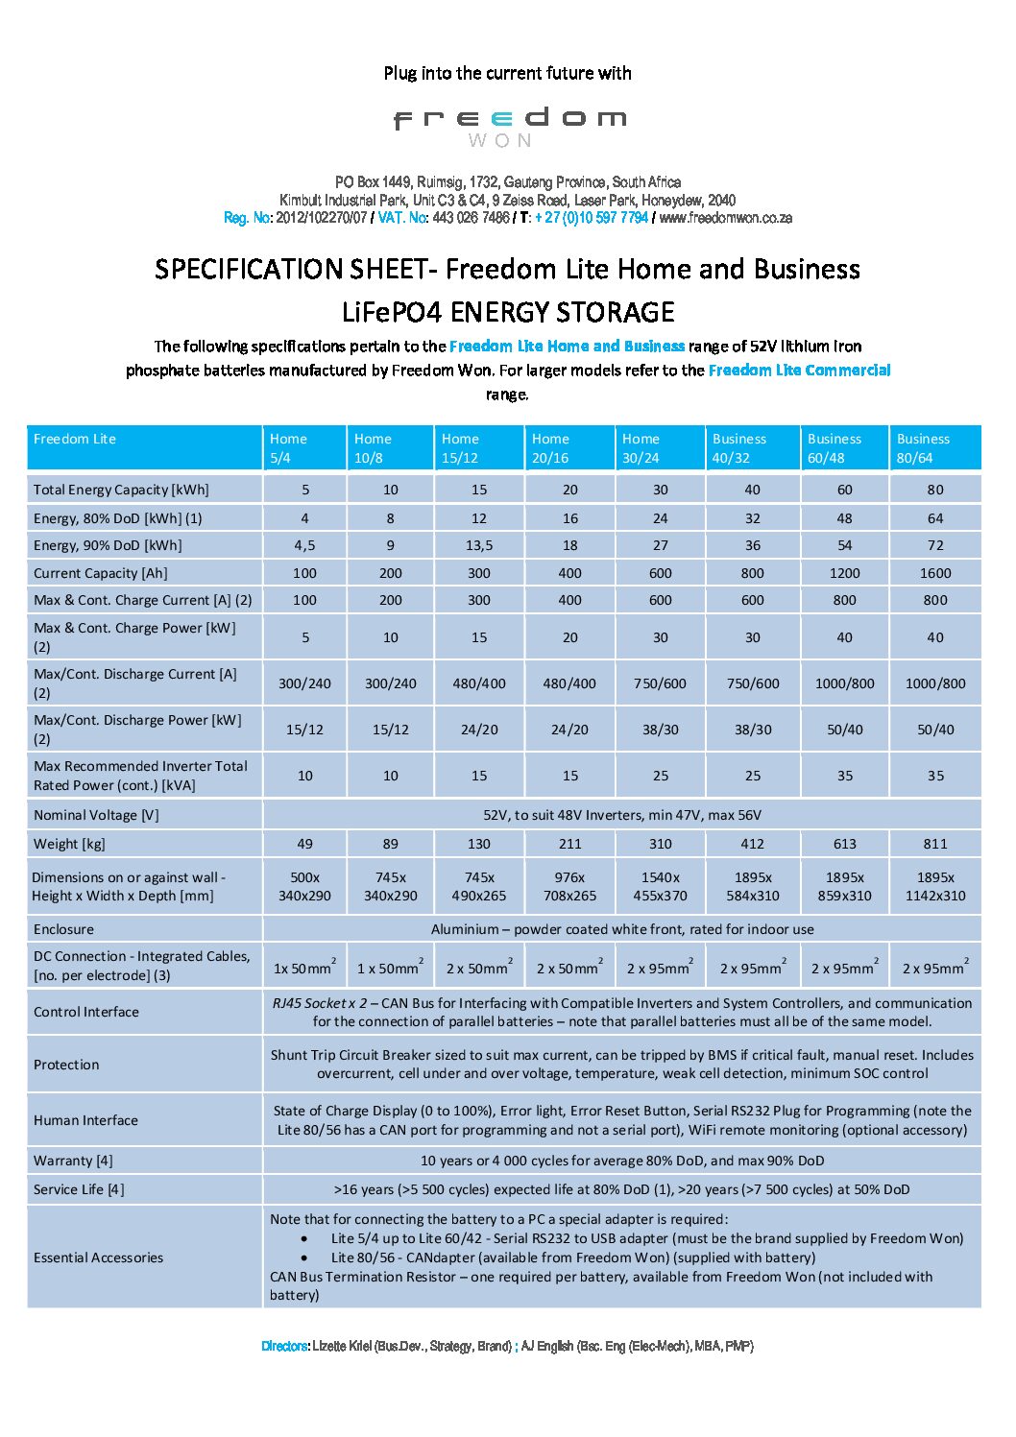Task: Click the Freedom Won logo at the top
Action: coord(509,125)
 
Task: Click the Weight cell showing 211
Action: coord(569,844)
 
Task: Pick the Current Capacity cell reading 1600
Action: coord(934,573)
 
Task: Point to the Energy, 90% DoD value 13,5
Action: coord(478,545)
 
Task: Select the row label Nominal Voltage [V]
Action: coord(96,815)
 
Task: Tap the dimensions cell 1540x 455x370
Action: coord(660,886)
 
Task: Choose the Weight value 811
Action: coord(934,844)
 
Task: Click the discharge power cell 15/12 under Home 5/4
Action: coord(304,730)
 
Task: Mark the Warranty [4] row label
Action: coord(73,1161)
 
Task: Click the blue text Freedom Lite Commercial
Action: coord(799,370)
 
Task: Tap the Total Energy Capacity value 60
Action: coord(844,490)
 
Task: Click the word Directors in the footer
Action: coord(284,1346)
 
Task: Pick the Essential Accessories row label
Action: coord(98,1257)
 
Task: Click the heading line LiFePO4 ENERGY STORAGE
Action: coord(508,312)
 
